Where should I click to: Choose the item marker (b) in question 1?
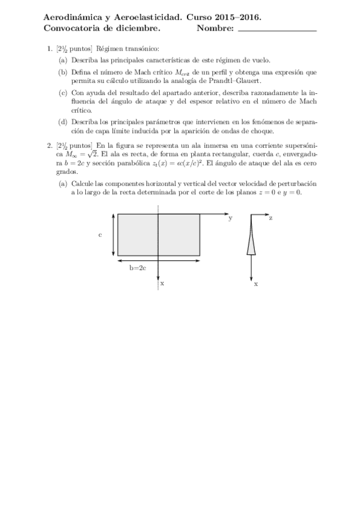[x=63, y=72]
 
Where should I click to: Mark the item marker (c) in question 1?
[x=63, y=93]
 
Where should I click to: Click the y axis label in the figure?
[x=230, y=218]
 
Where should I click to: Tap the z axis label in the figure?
[x=270, y=218]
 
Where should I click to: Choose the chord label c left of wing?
[x=100, y=235]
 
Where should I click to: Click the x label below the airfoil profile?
[x=256, y=283]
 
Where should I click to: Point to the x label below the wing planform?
[x=162, y=283]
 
